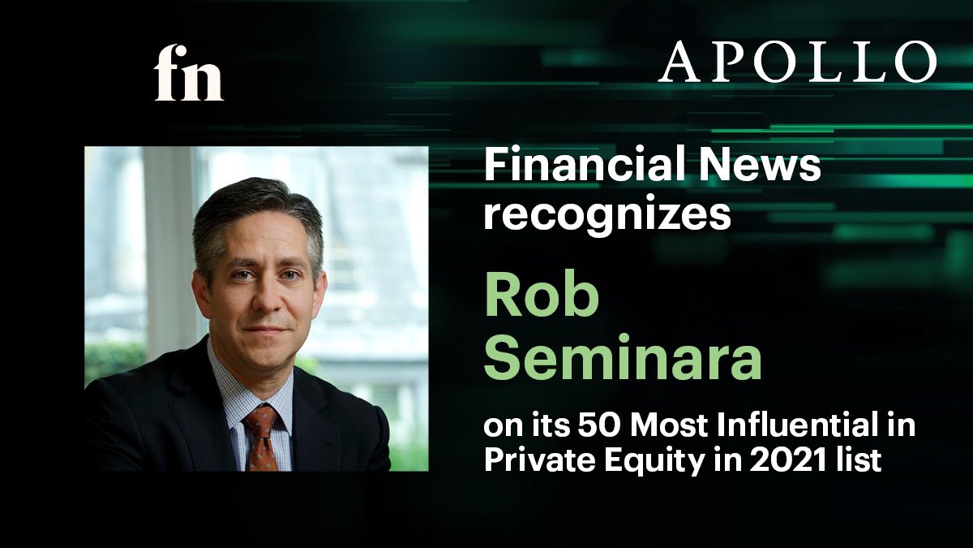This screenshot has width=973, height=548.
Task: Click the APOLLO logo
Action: click(797, 63)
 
